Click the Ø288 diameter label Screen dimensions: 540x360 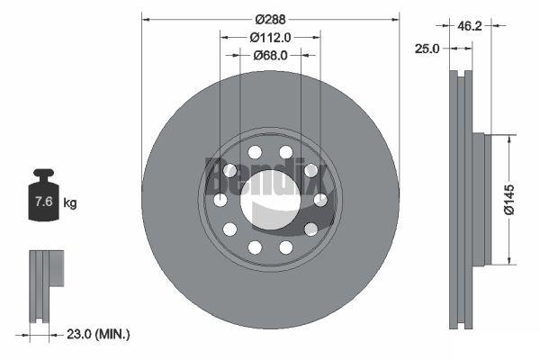tap(270, 20)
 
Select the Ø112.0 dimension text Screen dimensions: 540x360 tap(270, 38)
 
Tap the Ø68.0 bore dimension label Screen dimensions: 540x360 tap(270, 55)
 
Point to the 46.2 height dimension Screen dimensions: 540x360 tap(470, 26)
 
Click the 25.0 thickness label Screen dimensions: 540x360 tap(427, 49)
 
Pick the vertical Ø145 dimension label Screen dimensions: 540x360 tap(509, 200)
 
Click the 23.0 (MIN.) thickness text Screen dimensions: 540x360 tap(98, 334)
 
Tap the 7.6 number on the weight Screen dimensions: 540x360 tap(44, 202)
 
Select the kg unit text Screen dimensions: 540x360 tap(70, 203)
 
